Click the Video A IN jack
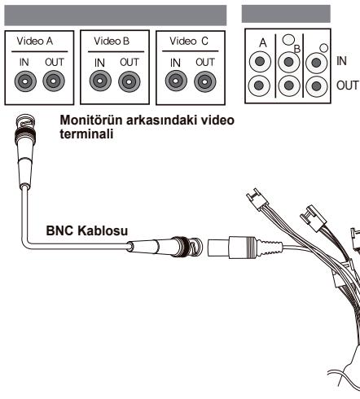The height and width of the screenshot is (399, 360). point(25,81)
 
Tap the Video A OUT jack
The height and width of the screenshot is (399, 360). point(54,81)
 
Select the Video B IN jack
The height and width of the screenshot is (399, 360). point(100,81)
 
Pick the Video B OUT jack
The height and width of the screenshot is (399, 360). point(130,81)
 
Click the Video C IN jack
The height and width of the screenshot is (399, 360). point(176,81)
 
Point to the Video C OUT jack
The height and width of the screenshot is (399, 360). point(205,81)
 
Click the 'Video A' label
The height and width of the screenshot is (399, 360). point(35,42)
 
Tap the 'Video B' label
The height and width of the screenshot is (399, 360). point(112,42)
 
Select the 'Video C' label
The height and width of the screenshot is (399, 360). point(189,42)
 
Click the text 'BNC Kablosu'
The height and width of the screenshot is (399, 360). point(87,230)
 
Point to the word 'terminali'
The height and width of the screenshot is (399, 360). point(86,134)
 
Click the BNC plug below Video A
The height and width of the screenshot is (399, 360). point(25,151)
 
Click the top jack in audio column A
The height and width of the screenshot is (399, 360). point(260,62)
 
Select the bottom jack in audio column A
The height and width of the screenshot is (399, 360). point(259,85)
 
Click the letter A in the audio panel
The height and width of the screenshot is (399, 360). point(262,43)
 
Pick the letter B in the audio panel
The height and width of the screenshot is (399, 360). point(297,49)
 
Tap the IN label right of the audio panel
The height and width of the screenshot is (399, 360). point(341,61)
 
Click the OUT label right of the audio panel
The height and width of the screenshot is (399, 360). point(347,85)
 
